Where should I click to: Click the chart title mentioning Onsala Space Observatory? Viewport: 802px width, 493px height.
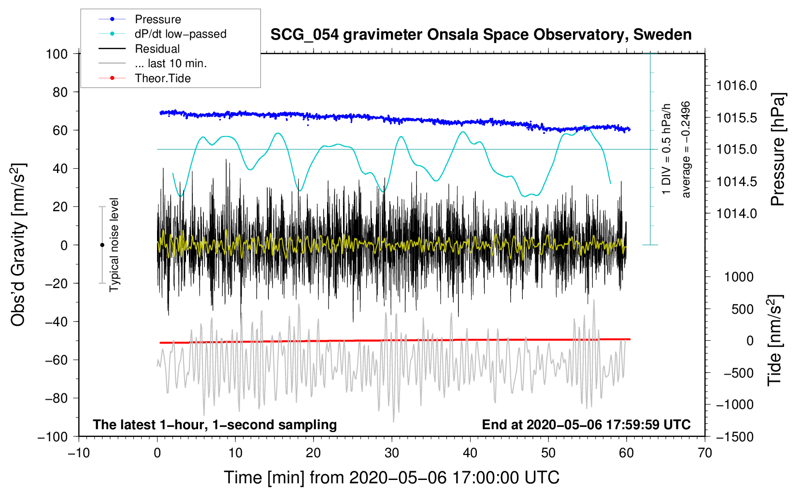pos(481,35)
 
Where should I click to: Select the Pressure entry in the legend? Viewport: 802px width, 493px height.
pos(158,19)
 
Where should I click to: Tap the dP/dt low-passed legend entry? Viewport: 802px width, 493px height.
pos(180,34)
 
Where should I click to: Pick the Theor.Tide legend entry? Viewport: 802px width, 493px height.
pos(163,78)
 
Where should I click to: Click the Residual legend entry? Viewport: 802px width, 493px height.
pos(157,49)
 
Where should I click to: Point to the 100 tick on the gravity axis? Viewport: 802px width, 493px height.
pos(57,54)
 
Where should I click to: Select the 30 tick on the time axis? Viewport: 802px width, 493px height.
pos(392,453)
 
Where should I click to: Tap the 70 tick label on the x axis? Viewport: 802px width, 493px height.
pos(705,453)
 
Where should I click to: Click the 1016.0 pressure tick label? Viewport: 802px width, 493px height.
pos(737,86)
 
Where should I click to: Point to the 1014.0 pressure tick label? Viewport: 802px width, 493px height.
pos(737,214)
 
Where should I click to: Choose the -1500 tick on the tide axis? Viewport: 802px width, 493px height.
pos(735,437)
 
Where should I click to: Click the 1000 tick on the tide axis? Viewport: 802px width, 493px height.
pos(739,277)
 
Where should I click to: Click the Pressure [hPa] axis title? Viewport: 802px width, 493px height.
pos(777,150)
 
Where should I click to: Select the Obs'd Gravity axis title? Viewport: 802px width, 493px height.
pos(18,245)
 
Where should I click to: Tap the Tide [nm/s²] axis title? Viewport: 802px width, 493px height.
pos(774,341)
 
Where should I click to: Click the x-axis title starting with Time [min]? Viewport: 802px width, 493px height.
pos(392,478)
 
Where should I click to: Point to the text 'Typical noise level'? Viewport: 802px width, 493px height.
pos(114,245)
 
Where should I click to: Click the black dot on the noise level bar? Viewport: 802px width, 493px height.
pos(102,245)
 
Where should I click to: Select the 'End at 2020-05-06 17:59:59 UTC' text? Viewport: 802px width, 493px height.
pos(586,424)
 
